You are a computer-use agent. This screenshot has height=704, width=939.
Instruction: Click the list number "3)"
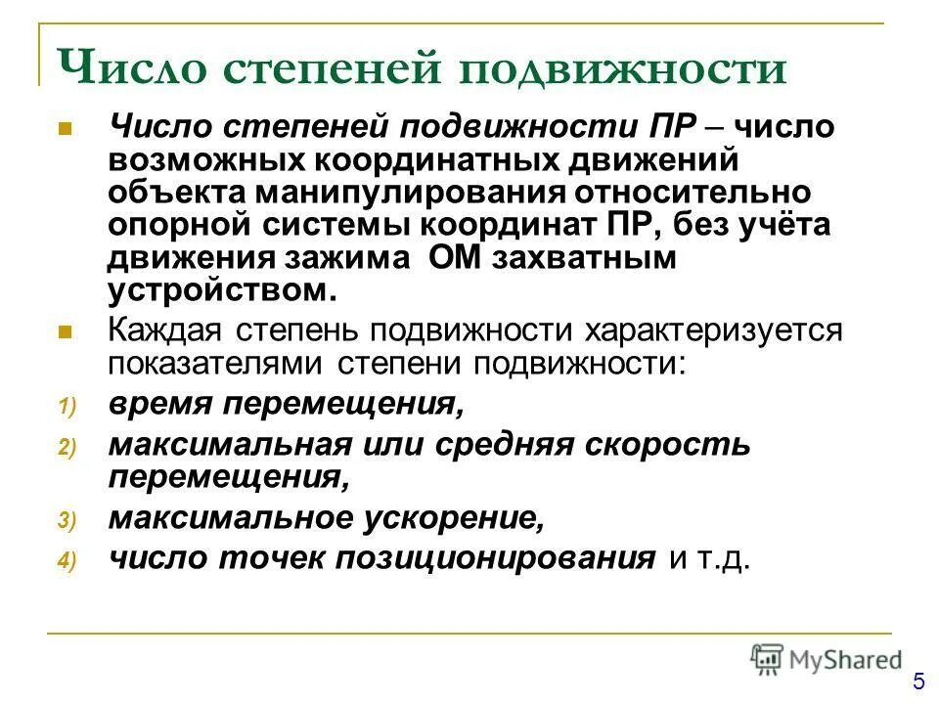66,521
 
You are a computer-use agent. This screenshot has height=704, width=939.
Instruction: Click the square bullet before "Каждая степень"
66,331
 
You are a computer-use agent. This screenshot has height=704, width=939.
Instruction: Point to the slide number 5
918,682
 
